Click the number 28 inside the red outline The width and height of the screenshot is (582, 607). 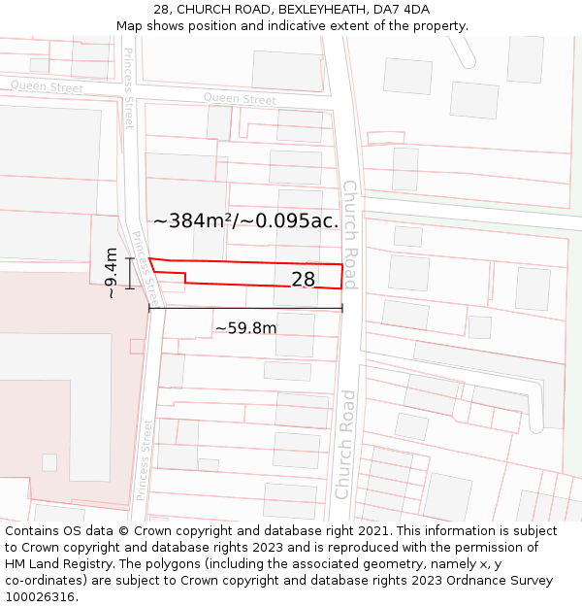coord(304,280)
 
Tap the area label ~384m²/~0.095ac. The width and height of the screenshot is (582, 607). coord(246,220)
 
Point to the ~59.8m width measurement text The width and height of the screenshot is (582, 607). coord(245,328)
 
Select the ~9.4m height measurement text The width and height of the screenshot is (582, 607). coord(112,273)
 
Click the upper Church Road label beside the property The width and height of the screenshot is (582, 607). coord(349,234)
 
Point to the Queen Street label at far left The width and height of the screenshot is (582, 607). coord(47,87)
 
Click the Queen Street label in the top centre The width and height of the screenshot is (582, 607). coord(240,99)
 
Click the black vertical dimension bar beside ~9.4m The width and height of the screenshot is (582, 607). coord(129,273)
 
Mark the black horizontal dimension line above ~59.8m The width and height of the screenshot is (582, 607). coord(245,309)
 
